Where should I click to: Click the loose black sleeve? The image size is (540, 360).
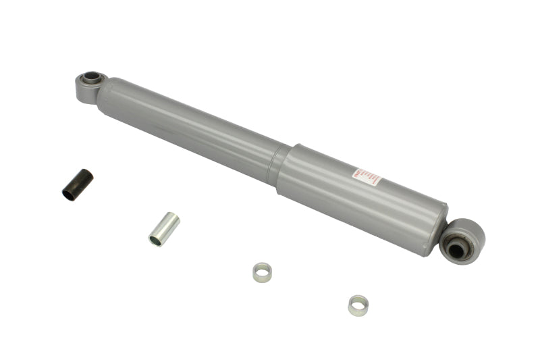tap(78, 185)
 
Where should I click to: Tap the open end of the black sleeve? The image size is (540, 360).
tap(69, 195)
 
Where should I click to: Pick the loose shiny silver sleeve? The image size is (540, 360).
tap(164, 229)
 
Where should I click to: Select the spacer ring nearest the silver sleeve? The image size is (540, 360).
tap(262, 272)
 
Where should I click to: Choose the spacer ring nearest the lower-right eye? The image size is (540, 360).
tap(358, 305)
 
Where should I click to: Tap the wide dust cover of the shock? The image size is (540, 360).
tap(364, 196)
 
